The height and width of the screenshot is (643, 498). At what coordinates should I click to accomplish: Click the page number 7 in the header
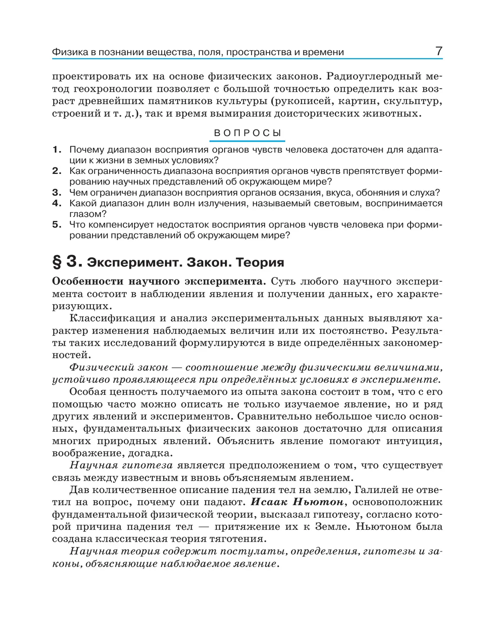click(439, 51)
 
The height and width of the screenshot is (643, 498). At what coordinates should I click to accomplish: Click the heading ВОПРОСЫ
click(248, 133)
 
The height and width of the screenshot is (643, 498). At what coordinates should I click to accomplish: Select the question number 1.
click(57, 150)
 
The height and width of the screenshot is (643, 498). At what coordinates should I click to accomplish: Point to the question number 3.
click(57, 193)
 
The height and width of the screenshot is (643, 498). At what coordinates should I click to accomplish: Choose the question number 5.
click(57, 225)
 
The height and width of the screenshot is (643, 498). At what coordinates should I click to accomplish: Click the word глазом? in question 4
click(88, 214)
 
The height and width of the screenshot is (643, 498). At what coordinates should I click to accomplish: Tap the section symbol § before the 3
click(57, 262)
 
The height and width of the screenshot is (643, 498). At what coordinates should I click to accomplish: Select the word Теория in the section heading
click(260, 262)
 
